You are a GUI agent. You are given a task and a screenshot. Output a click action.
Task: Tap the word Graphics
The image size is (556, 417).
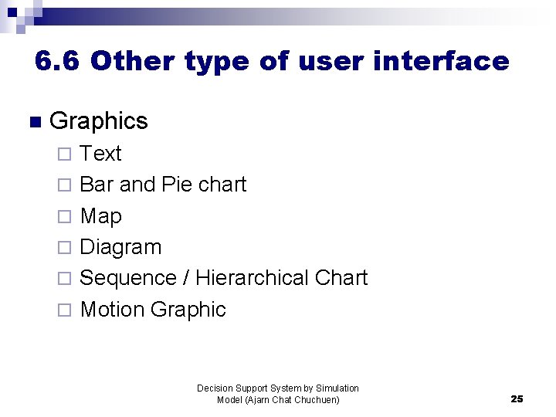(x=98, y=121)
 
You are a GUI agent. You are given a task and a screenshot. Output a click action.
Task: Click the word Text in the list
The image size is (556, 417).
(x=100, y=154)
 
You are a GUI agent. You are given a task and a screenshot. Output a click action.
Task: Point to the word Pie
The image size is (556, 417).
(x=177, y=185)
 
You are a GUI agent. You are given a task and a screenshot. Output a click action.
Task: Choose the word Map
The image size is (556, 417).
(x=100, y=216)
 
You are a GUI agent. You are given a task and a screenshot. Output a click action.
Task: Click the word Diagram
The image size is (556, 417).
(x=120, y=247)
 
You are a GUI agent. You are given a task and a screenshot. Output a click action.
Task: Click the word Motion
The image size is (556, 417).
(x=113, y=310)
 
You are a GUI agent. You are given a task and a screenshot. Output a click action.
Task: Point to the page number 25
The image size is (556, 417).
(x=517, y=399)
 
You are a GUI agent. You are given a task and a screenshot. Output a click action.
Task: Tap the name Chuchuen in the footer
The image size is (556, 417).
(x=316, y=399)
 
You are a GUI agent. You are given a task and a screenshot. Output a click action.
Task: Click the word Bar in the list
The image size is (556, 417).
(x=97, y=185)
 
